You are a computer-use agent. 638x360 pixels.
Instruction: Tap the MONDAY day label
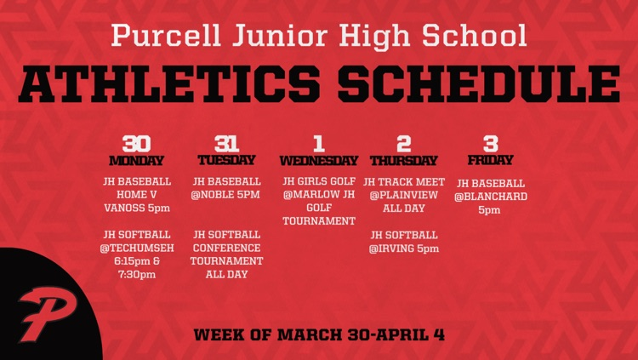[136, 160]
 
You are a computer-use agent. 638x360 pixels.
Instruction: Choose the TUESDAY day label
[226, 160]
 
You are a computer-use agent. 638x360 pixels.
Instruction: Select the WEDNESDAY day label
[319, 160]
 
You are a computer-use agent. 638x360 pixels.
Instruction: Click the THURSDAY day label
[403, 160]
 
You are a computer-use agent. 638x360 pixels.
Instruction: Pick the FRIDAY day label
[491, 160]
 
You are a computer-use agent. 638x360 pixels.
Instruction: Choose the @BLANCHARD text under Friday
[491, 197]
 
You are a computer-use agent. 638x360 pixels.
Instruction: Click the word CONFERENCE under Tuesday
[226, 248]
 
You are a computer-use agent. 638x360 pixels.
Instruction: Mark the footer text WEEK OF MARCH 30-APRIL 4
[319, 334]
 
